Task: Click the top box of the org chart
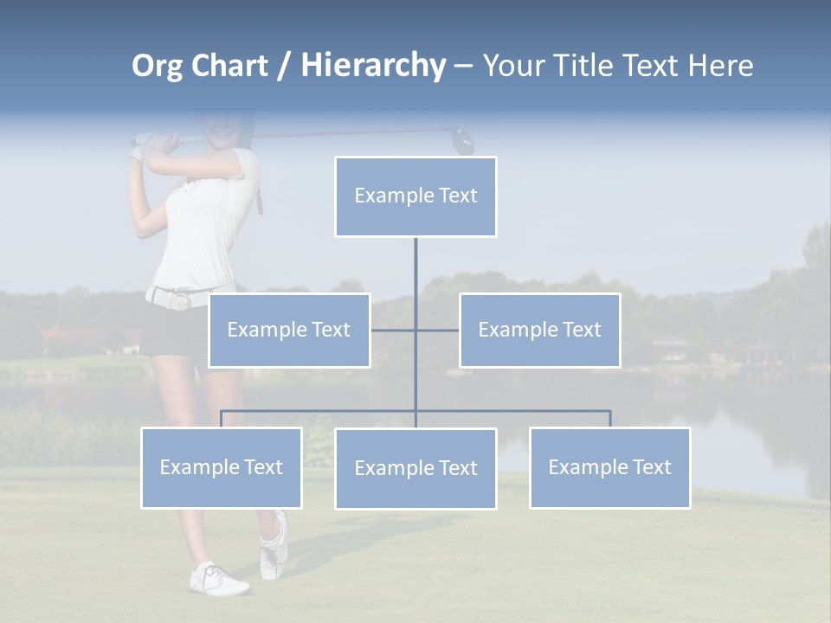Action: tap(415, 196)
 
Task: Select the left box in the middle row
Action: tap(289, 330)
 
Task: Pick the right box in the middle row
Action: tap(539, 330)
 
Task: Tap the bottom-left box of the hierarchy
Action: tap(222, 467)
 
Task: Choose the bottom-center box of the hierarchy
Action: tap(415, 468)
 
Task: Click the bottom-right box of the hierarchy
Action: tap(609, 467)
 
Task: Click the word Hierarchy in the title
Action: tap(373, 66)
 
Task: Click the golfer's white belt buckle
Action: tap(180, 300)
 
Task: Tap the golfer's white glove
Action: tap(136, 154)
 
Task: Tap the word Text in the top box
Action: tap(458, 196)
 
